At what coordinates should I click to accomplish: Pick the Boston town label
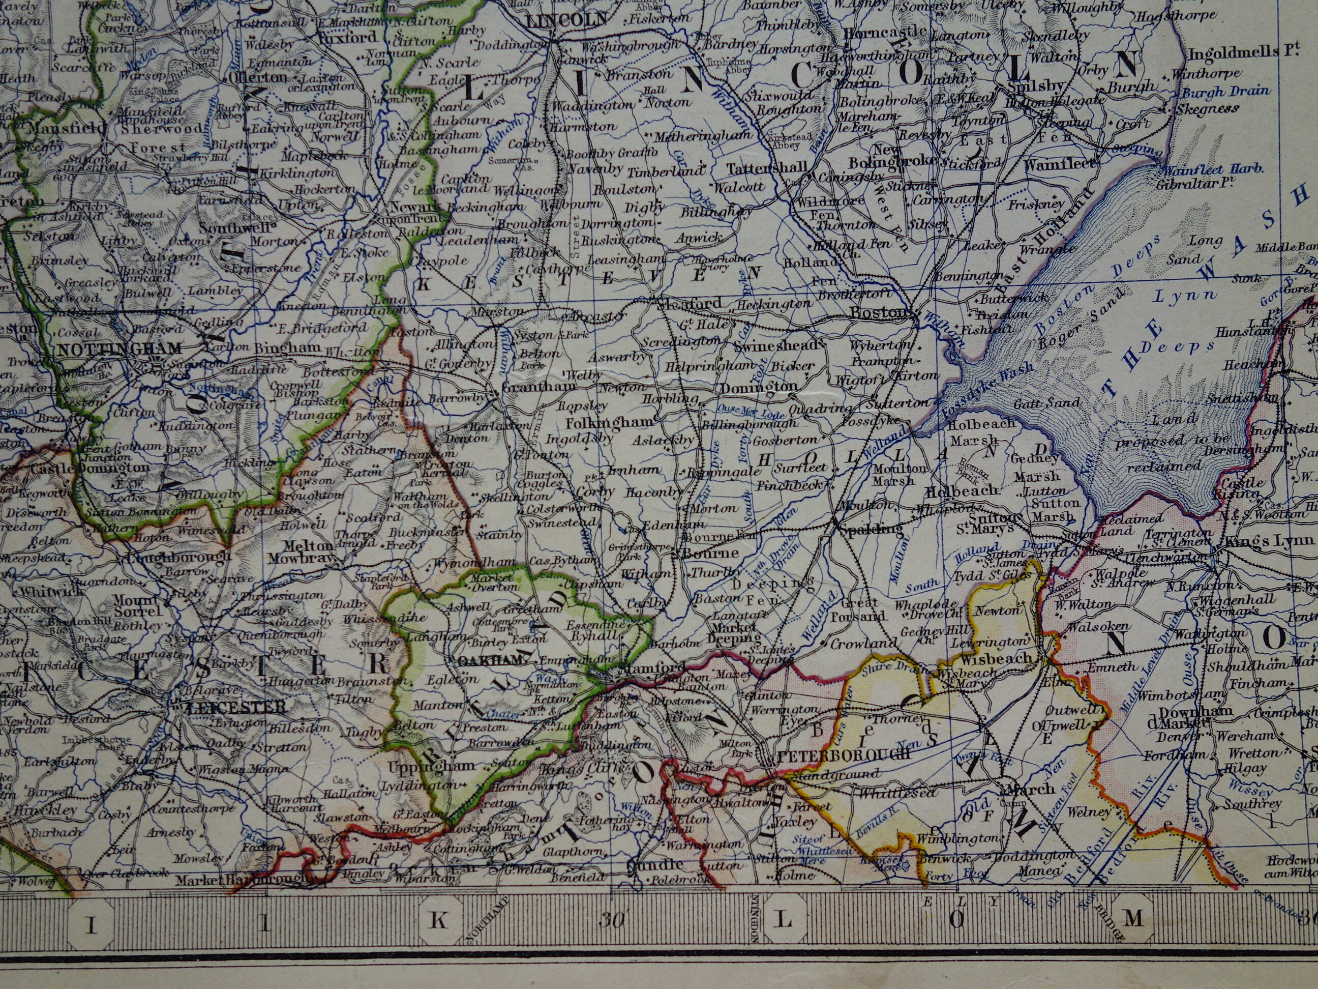click(880, 312)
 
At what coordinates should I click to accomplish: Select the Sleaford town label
click(686, 304)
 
